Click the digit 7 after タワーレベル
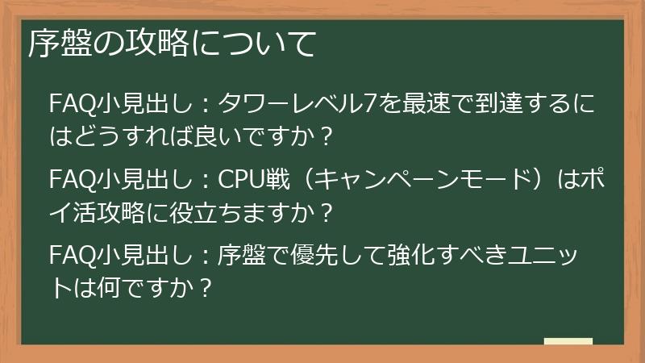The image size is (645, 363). coord(367,105)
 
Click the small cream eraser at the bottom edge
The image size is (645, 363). coord(568,341)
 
